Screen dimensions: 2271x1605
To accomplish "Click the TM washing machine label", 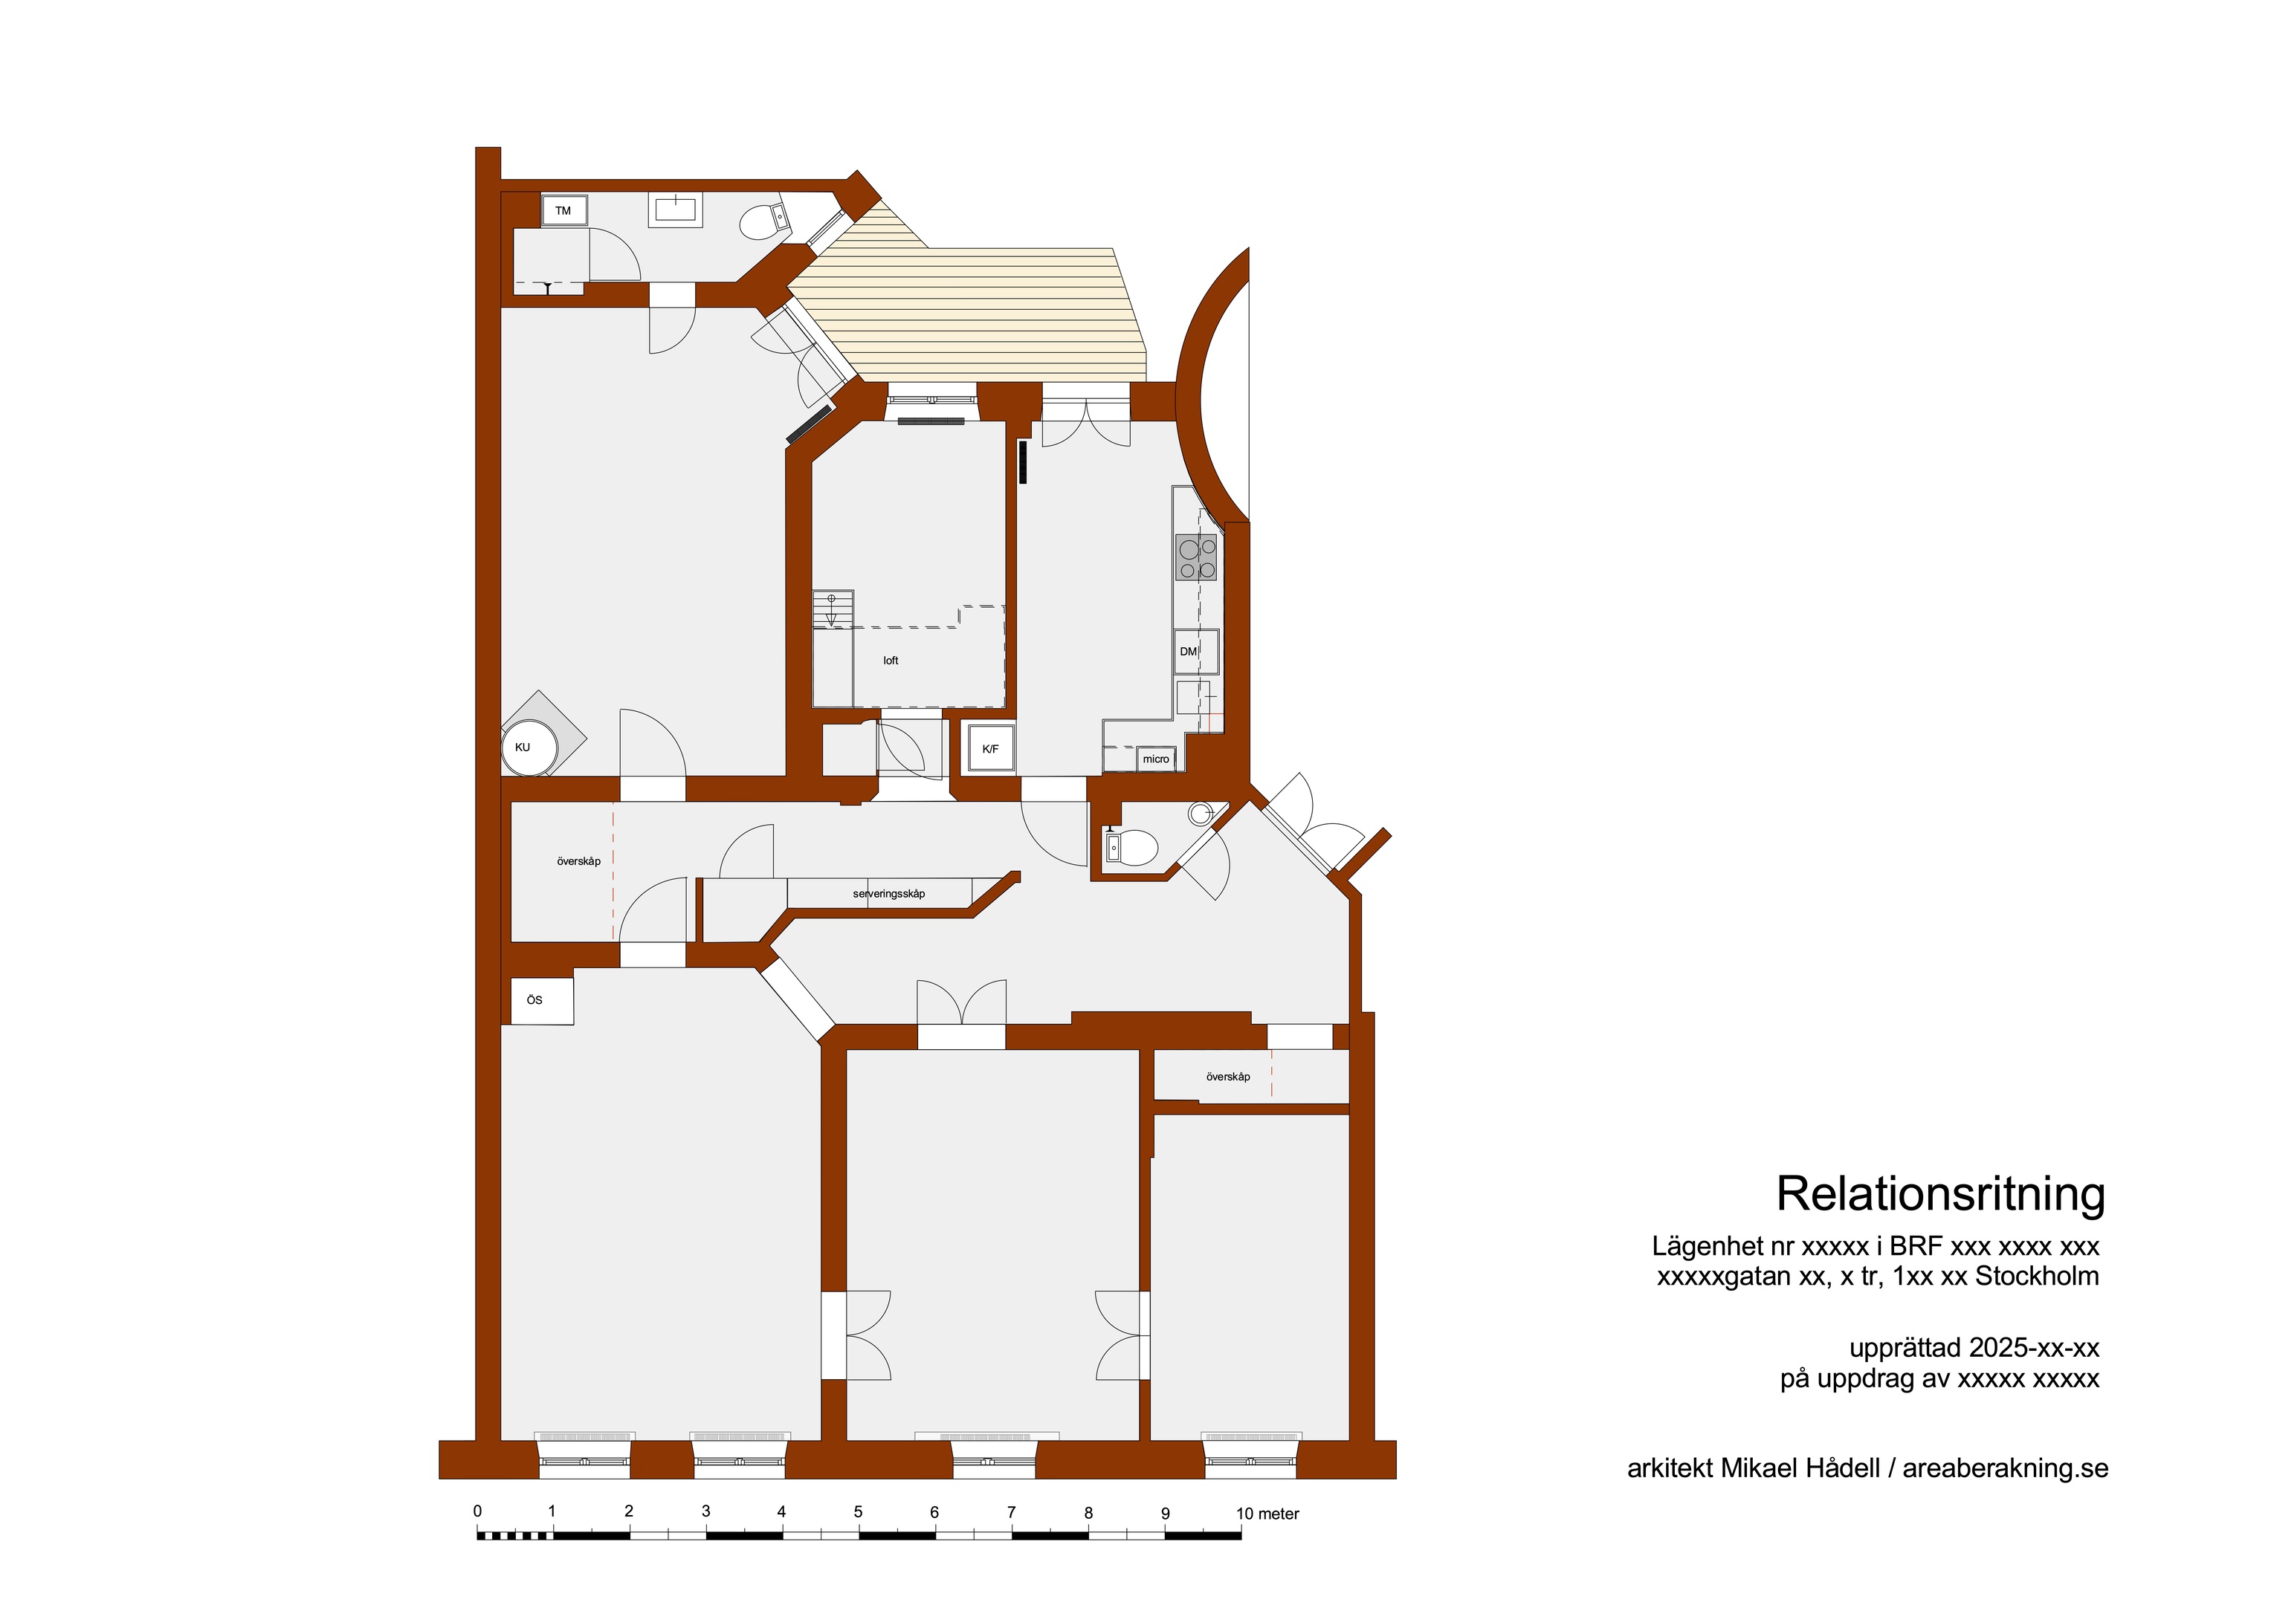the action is point(563,210).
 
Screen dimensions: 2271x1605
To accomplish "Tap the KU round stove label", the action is point(523,748).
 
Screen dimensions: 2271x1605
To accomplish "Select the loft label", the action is point(891,661).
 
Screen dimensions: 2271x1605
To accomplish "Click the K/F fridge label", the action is point(990,750).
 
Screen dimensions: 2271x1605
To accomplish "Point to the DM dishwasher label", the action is point(1188,652).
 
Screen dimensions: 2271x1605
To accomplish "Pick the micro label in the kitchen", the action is point(1155,759).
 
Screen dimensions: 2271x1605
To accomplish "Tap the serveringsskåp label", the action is point(888,894).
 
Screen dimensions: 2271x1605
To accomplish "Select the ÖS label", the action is point(534,1000).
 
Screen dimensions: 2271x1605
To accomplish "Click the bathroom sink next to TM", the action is point(676,209).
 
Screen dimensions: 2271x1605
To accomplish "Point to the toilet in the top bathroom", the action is point(763,221).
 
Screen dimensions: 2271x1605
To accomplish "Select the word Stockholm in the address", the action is point(2037,1277).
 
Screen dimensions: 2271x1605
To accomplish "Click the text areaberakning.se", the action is point(2005,1468).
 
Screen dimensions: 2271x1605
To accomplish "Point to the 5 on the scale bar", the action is point(858,1512).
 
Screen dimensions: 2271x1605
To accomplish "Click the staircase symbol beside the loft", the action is point(833,609).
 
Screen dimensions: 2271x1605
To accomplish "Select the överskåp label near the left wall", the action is point(578,861).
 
